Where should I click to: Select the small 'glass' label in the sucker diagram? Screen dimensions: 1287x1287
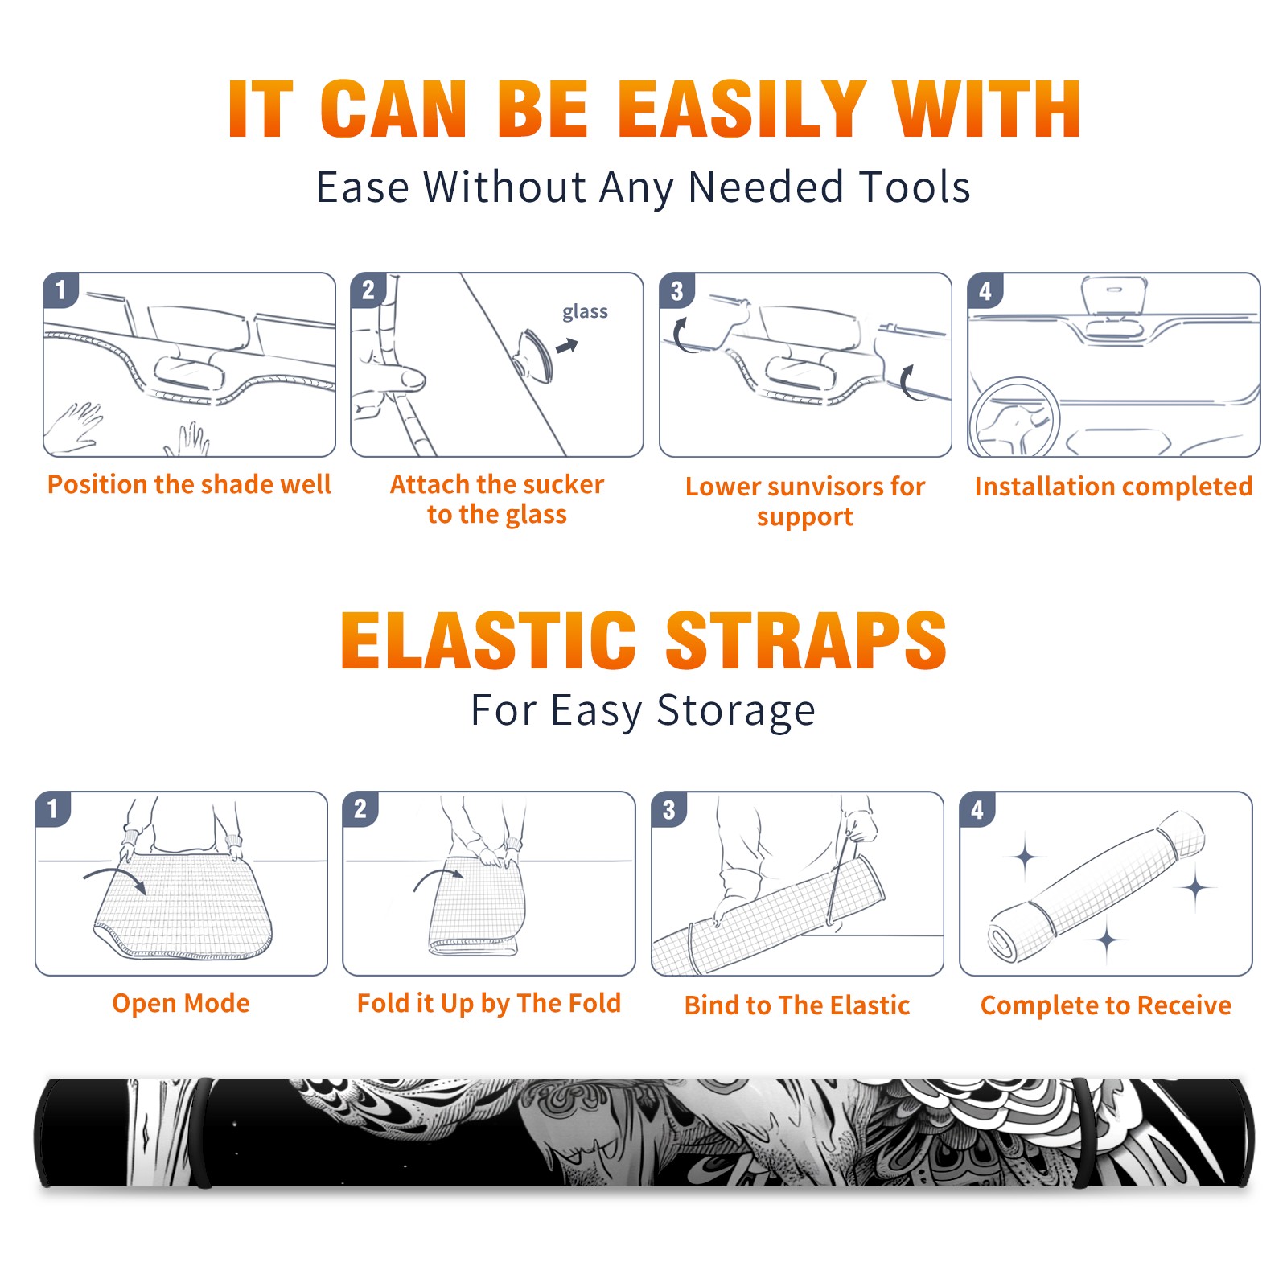585,312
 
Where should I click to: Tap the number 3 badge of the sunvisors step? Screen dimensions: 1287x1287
676,290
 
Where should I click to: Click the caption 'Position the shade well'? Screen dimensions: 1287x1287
189,484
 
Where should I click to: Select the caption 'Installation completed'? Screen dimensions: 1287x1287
1113,486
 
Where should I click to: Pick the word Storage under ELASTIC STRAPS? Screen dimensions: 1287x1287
736,711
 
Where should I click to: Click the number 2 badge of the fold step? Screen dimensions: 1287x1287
360,808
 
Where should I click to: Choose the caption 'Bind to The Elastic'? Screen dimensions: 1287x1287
796,1005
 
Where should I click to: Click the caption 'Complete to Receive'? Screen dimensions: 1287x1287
1106,1005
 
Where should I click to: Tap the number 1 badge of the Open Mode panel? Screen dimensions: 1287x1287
53,808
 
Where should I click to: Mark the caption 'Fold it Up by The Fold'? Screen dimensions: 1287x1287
489,1003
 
